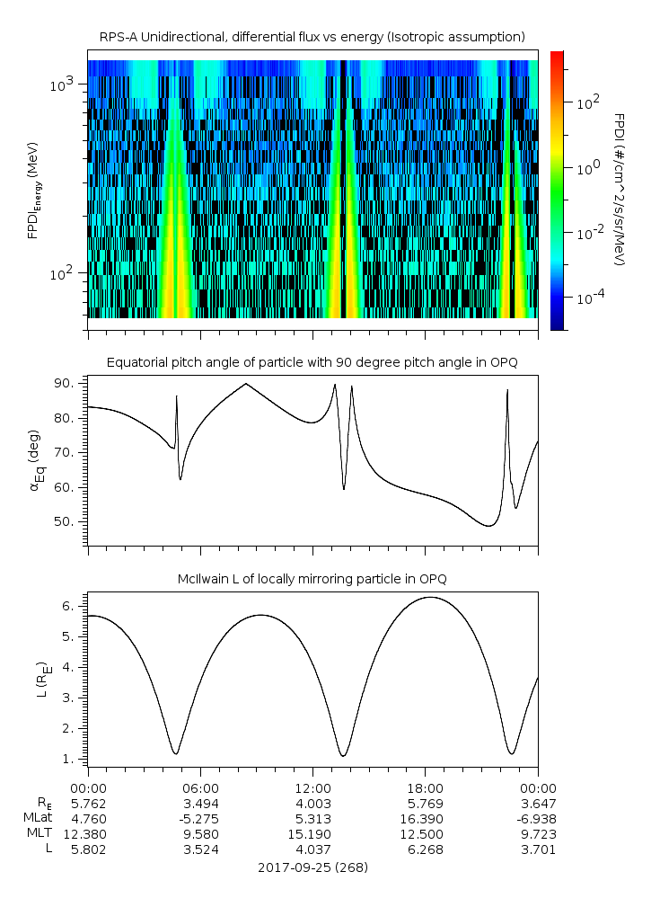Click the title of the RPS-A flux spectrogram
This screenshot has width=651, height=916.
[x=312, y=38]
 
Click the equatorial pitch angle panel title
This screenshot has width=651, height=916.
[x=312, y=363]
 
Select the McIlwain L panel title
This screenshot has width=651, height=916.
[x=312, y=579]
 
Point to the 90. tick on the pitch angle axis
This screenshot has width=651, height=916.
[x=63, y=383]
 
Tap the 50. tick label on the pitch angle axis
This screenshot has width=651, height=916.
[x=63, y=521]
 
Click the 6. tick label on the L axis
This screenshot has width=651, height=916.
[x=67, y=607]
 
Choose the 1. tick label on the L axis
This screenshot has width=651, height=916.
[x=67, y=759]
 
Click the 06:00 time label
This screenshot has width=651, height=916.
[x=200, y=788]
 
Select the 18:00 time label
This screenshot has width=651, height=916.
[x=426, y=788]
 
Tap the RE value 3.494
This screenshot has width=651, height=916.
[x=200, y=804]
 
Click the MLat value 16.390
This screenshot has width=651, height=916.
[x=422, y=819]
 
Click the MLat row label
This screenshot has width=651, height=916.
[x=38, y=818]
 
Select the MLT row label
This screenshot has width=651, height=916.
[x=40, y=833]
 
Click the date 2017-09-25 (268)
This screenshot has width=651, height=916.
[x=312, y=867]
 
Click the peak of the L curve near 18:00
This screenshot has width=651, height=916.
[x=430, y=597]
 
